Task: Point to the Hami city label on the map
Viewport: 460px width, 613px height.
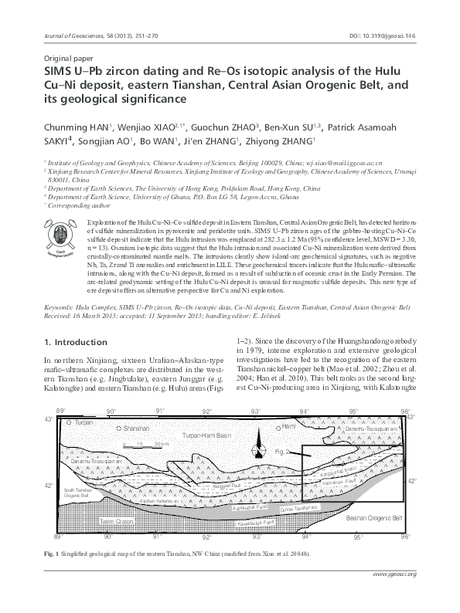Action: tap(289, 425)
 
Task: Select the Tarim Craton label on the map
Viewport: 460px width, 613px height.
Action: tap(117, 522)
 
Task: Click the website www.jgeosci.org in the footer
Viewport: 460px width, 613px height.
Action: tap(394, 596)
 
